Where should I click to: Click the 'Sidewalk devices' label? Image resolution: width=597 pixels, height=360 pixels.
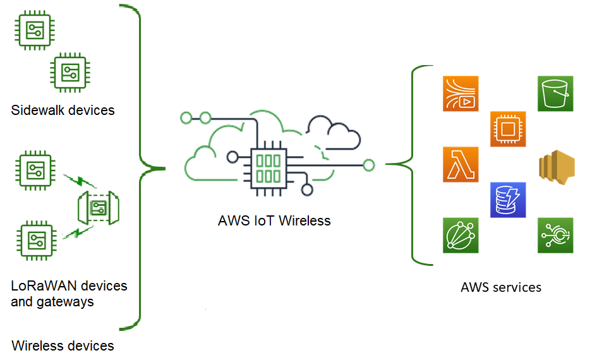click(x=63, y=111)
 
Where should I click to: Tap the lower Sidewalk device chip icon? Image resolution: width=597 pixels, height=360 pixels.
click(x=69, y=72)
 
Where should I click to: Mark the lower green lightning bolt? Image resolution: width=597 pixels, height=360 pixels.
click(x=80, y=232)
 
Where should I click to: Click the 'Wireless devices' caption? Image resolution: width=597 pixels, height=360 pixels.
click(x=63, y=345)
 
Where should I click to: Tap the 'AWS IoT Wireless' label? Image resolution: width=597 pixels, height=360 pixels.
click(x=274, y=221)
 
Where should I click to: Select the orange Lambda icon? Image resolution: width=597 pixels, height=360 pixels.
click(x=461, y=164)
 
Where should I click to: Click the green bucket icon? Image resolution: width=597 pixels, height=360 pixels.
click(x=555, y=93)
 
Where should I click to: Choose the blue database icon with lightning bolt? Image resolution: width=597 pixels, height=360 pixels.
click(x=508, y=200)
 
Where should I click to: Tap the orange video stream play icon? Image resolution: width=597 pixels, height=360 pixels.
click(x=461, y=93)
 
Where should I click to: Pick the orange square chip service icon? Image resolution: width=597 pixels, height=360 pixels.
click(x=508, y=129)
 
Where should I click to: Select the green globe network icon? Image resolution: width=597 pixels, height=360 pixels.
click(x=461, y=235)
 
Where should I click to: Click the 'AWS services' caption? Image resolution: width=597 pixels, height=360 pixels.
click(x=501, y=287)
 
